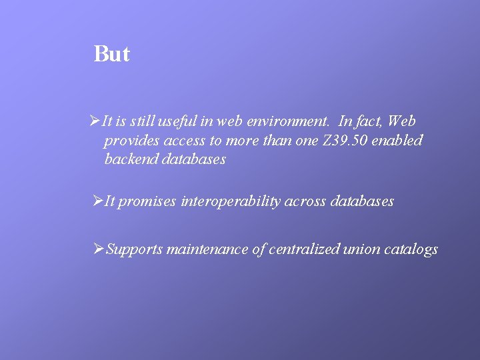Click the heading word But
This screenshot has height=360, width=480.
tap(112, 54)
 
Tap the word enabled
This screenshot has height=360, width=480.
tap(401, 141)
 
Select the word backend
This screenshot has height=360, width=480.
tap(131, 159)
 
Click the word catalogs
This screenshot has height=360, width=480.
tap(411, 250)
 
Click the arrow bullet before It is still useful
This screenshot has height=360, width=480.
tap(95, 121)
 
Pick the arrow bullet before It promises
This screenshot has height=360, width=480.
tap(98, 201)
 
